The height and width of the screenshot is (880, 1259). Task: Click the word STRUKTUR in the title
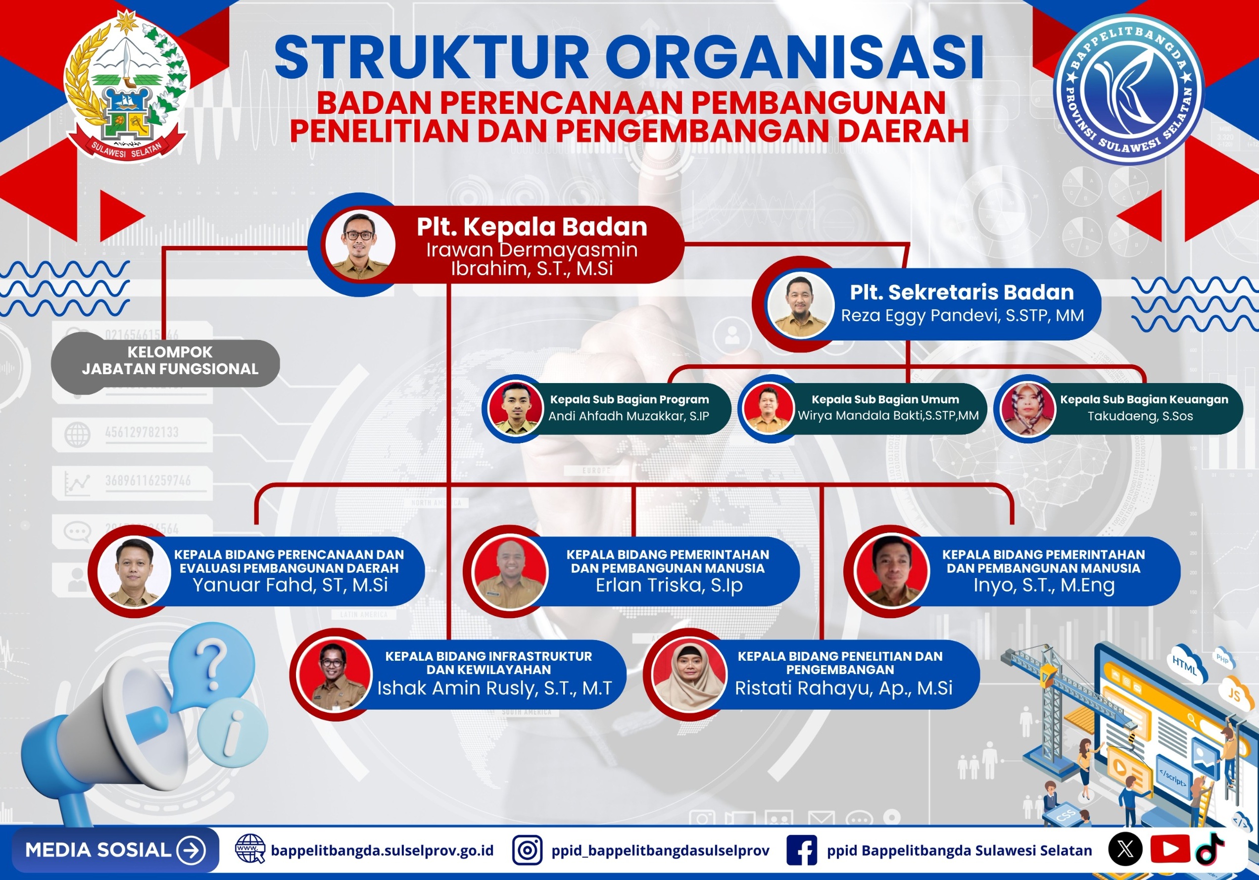(432, 58)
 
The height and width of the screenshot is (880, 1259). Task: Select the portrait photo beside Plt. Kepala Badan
(360, 244)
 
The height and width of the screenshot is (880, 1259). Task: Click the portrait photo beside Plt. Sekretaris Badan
(801, 304)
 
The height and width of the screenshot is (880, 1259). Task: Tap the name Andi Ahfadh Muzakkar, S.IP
(629, 416)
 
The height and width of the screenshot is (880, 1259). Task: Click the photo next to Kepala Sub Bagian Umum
(767, 408)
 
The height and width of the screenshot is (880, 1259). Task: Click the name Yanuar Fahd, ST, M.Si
(290, 585)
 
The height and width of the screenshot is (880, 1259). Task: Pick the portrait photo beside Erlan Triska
(509, 572)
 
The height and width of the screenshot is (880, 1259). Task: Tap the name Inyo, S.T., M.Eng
(1044, 585)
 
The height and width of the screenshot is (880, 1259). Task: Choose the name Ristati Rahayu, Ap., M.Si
(843, 688)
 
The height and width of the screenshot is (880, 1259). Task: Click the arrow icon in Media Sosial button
(192, 850)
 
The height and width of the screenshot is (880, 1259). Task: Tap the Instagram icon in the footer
(528, 850)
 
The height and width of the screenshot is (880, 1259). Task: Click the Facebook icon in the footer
(802, 850)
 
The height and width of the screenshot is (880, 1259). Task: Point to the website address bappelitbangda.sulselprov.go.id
(382, 851)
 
